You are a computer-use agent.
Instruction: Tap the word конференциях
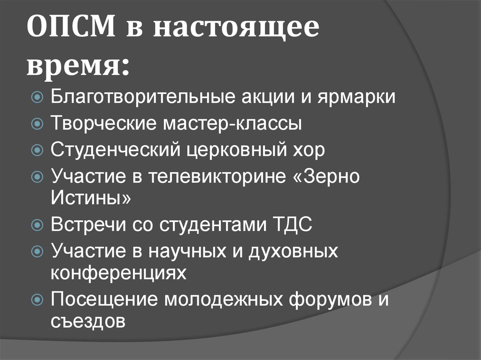118,272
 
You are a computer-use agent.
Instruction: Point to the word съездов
88,322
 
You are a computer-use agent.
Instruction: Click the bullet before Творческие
38,124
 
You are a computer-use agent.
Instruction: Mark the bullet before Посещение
38,299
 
